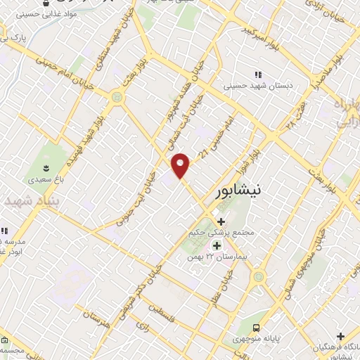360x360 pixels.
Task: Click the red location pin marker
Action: click(181, 165)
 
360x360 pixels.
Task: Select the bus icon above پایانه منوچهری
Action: click(256, 328)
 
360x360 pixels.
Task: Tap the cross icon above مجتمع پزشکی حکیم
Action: click(221, 221)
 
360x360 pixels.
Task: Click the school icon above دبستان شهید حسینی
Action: click(257, 75)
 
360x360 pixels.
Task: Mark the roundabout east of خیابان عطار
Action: click(259, 277)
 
